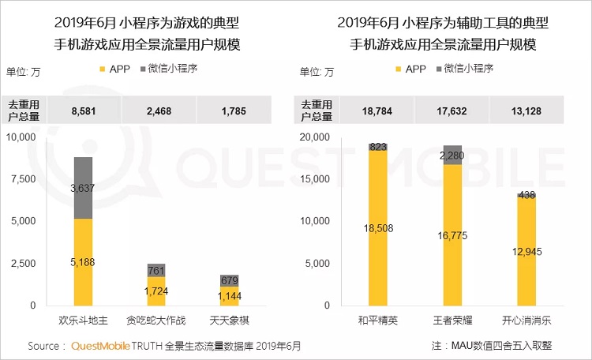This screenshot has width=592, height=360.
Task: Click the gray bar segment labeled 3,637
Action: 83,188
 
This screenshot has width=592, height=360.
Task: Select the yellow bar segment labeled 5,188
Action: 83,261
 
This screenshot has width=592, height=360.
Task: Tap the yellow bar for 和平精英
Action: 378,228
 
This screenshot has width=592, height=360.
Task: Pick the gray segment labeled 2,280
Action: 452,155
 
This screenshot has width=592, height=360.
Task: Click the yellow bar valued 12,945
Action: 526,251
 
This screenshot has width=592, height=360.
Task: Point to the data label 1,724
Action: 156,291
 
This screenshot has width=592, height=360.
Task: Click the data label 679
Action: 230,280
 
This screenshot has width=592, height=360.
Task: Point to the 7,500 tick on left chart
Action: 21,178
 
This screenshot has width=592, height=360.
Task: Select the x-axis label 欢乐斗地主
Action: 83,321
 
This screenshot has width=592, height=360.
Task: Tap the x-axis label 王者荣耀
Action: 452,321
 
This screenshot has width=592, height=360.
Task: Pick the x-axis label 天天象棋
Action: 230,321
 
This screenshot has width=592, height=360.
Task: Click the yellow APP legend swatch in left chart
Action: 100,69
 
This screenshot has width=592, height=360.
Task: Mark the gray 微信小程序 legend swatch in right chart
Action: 437,69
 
